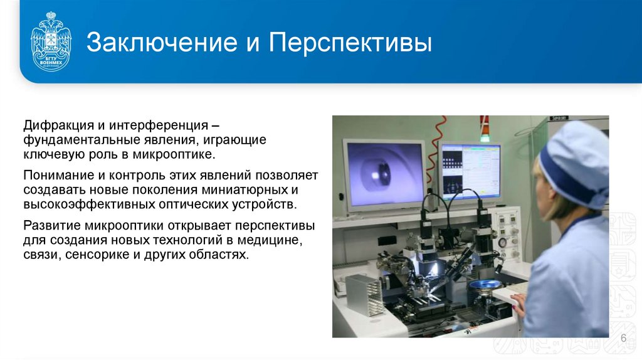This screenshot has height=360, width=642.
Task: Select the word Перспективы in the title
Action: point(350,44)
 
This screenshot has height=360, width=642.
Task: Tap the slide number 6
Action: point(623,339)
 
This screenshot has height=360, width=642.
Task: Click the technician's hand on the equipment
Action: point(519,302)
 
